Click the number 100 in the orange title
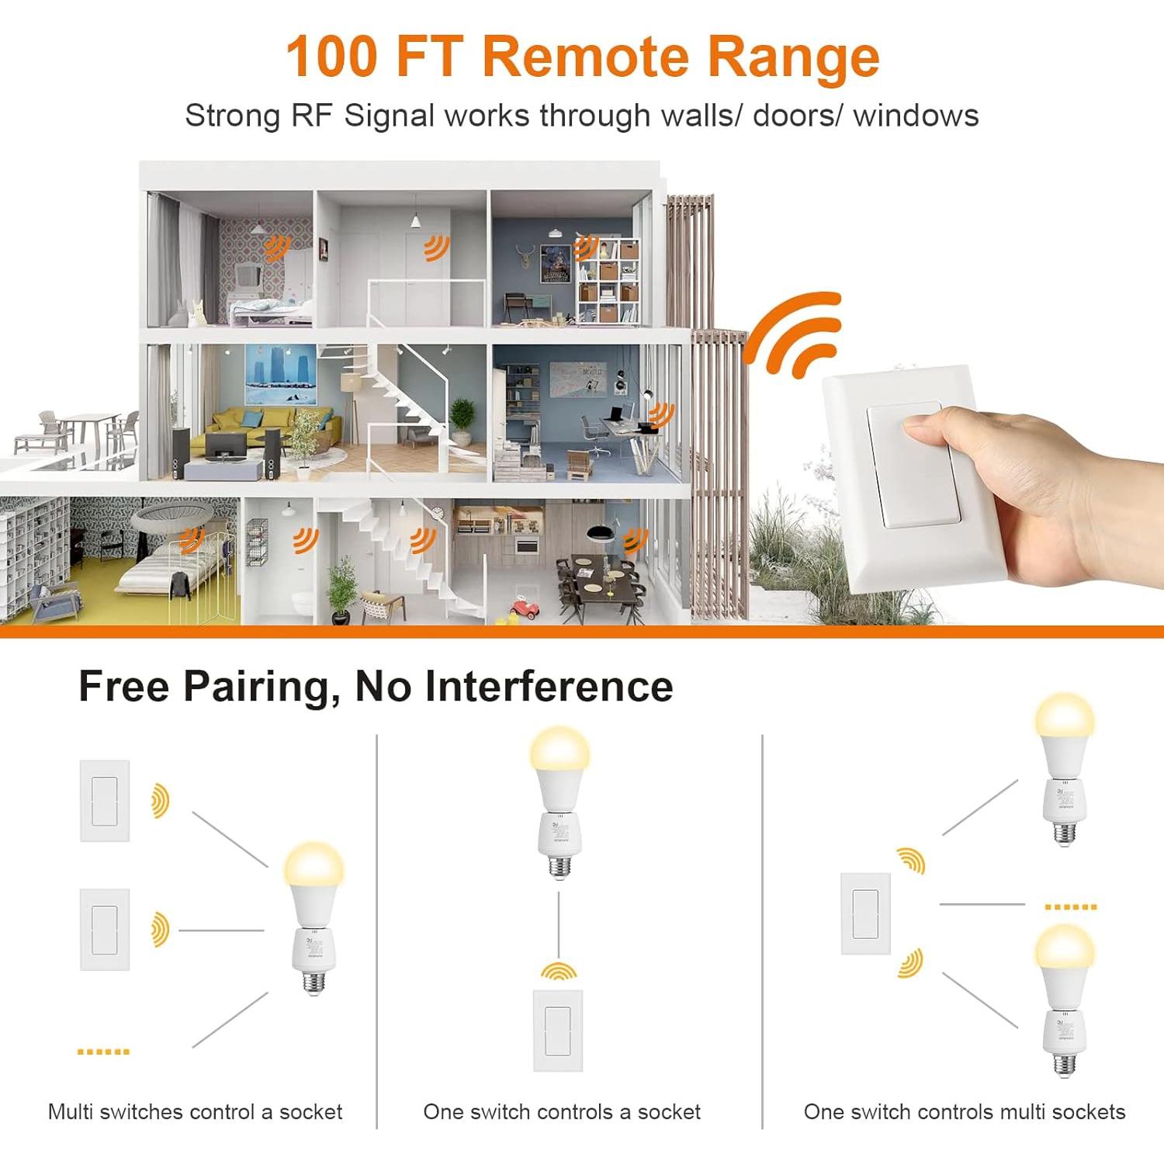[332, 57]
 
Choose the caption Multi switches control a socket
[195, 1112]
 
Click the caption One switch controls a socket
[562, 1112]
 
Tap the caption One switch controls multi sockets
[965, 1112]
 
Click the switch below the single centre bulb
[558, 1030]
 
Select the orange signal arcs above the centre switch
[559, 970]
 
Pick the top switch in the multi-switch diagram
[105, 801]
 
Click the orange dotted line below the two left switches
[103, 1051]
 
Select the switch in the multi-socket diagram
[866, 913]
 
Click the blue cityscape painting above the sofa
[281, 375]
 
